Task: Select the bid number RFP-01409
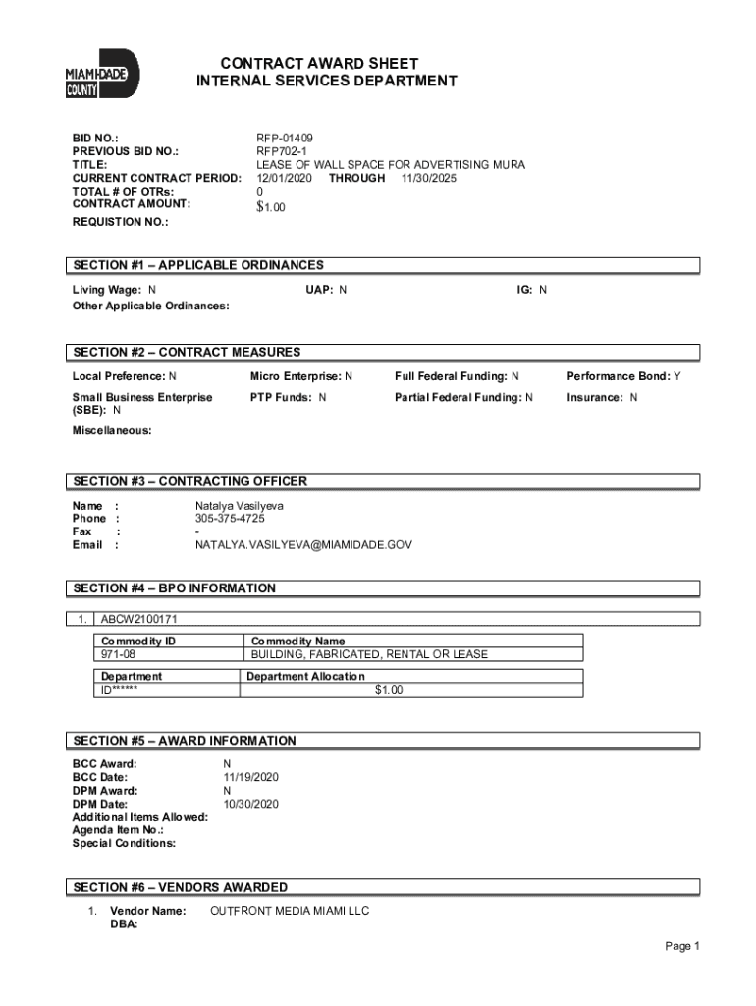pyautogui.click(x=285, y=139)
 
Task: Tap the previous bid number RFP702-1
pyautogui.click(x=283, y=151)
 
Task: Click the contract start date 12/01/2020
pyautogui.click(x=284, y=178)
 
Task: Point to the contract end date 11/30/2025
pyautogui.click(x=428, y=178)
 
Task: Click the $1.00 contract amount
pyautogui.click(x=271, y=207)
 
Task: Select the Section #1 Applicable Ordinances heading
pyautogui.click(x=197, y=265)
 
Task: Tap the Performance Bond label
pyautogui.click(x=619, y=376)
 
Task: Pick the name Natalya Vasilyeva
pyautogui.click(x=240, y=506)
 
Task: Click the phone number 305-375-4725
pyautogui.click(x=230, y=519)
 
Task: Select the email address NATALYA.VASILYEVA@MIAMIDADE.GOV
pyautogui.click(x=303, y=544)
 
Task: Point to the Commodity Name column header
pyautogui.click(x=298, y=641)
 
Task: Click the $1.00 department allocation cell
pyautogui.click(x=389, y=690)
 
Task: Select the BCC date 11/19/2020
pyautogui.click(x=251, y=777)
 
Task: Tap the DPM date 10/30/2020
pyautogui.click(x=251, y=804)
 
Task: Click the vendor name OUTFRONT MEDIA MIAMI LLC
pyautogui.click(x=290, y=912)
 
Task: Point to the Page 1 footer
pyautogui.click(x=681, y=946)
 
